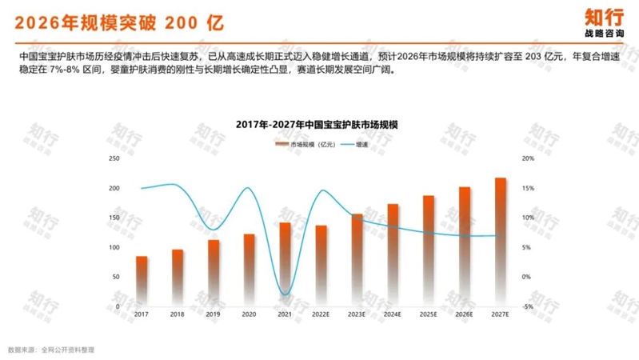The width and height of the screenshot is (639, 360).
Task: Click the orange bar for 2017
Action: (x=142, y=280)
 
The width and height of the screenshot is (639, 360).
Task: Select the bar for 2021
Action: (x=285, y=264)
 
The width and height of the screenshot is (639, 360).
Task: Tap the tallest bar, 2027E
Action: (x=500, y=240)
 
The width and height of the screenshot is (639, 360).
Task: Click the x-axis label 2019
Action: (x=214, y=314)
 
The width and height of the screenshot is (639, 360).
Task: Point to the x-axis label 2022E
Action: (x=321, y=314)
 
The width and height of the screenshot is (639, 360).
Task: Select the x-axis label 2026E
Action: (x=464, y=314)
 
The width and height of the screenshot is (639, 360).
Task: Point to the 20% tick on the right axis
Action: (x=527, y=158)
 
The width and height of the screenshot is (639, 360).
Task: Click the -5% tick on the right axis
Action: (x=527, y=306)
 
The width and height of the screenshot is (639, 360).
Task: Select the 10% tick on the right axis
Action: (x=527, y=218)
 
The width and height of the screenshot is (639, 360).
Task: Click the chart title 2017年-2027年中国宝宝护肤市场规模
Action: (x=318, y=126)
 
